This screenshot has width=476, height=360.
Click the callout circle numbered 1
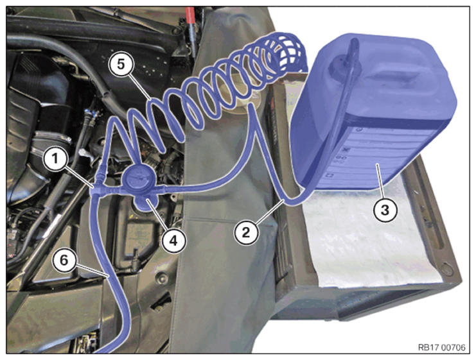point(55,159)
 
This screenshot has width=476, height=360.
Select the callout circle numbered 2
point(246,232)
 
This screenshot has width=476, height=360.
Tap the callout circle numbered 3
point(385,210)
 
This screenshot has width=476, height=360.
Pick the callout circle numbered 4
point(173,241)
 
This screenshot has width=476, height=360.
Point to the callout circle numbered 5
point(121,65)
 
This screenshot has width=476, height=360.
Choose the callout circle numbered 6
point(64,260)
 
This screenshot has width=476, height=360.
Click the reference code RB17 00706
point(441,348)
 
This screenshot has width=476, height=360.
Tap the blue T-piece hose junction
point(96,189)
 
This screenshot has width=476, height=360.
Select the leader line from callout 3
point(380,182)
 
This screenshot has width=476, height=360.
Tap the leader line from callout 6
point(91,271)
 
